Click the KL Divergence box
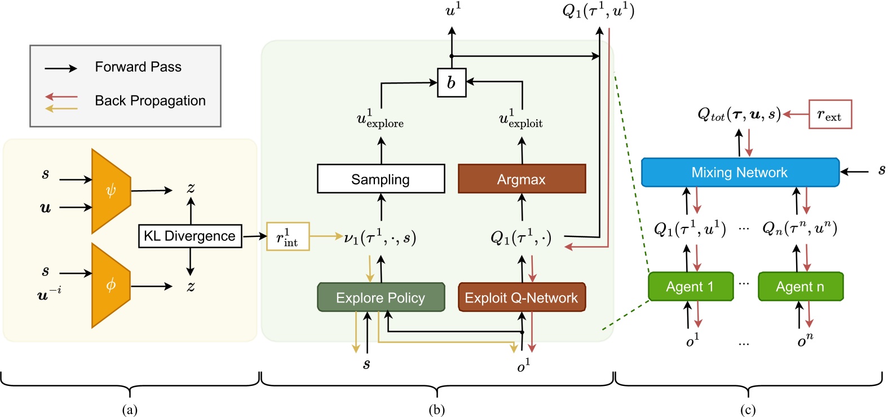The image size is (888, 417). click(190, 236)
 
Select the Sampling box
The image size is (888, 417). click(381, 179)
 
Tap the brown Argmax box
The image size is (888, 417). click(522, 179)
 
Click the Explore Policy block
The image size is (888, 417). click(381, 297)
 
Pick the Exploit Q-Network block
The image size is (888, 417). click(522, 297)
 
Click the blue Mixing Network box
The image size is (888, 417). click(740, 172)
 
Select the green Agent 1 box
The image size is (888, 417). click(690, 287)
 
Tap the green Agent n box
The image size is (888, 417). click(800, 287)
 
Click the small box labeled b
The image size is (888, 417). click(451, 82)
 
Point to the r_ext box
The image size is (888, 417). click(830, 115)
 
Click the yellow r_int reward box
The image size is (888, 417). click(288, 237)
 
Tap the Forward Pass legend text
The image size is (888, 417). click(138, 67)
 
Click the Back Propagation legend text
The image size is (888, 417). click(150, 101)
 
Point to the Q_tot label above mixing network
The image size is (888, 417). click(739, 115)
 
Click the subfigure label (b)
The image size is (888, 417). click(436, 410)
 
